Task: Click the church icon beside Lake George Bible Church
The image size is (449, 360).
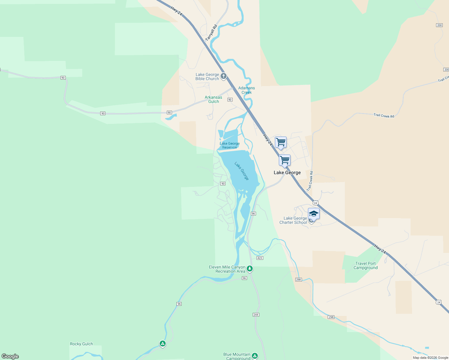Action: pyautogui.click(x=223, y=76)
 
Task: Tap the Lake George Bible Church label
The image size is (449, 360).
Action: pyautogui.click(x=207, y=77)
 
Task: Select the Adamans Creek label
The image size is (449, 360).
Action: pyautogui.click(x=246, y=90)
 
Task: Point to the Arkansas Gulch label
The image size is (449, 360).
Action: pyautogui.click(x=213, y=99)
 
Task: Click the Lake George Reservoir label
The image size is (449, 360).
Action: pyautogui.click(x=230, y=145)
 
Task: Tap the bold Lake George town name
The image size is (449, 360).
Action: pyautogui.click(x=287, y=172)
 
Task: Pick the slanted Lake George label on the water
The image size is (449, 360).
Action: pyautogui.click(x=242, y=171)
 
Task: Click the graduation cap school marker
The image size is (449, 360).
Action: pyautogui.click(x=313, y=214)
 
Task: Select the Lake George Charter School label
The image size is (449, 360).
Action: pyautogui.click(x=293, y=220)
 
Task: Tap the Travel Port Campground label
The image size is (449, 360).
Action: pyautogui.click(x=365, y=265)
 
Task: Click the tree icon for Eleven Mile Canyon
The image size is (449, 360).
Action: pyautogui.click(x=250, y=268)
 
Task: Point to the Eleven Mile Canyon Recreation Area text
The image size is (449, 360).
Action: pyautogui.click(x=227, y=269)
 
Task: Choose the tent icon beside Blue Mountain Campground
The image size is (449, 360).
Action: pyautogui.click(x=255, y=356)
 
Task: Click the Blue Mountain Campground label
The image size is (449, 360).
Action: pyautogui.click(x=237, y=356)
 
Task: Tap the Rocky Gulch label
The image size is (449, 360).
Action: pyautogui.click(x=81, y=344)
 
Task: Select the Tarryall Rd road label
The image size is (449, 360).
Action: pyautogui.click(x=211, y=33)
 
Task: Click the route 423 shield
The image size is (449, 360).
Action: pyautogui.click(x=260, y=258)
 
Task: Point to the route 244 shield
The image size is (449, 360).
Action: pyautogui.click(x=256, y=315)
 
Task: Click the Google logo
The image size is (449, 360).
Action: pyautogui.click(x=10, y=356)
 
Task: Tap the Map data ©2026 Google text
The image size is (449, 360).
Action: pyautogui.click(x=430, y=358)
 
